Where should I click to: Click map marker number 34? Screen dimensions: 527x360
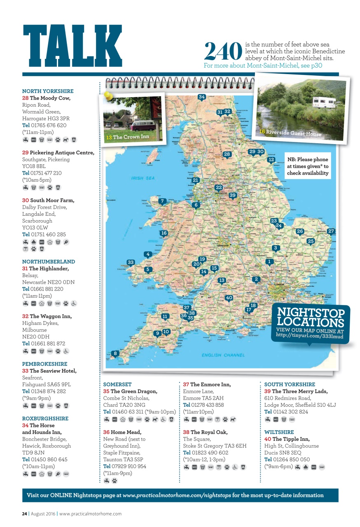point(201,97)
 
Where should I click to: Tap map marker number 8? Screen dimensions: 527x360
point(116,353)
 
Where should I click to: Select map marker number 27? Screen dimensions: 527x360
point(331,231)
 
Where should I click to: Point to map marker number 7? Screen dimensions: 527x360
point(162,201)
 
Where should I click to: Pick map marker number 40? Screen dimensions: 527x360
point(229,298)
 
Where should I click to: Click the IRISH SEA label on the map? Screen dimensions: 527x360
point(143,178)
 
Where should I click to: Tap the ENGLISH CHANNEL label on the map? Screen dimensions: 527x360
point(223,355)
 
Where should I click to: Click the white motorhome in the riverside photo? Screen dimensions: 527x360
point(324,102)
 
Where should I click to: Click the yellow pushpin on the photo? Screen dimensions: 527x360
point(109,96)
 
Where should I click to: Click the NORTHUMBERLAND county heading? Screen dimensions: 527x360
point(49,261)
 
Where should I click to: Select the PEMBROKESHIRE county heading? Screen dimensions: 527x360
point(44,364)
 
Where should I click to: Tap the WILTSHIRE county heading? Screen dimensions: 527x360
point(279,432)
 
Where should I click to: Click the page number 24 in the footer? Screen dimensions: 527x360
point(25,513)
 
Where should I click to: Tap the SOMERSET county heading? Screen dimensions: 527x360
point(117,384)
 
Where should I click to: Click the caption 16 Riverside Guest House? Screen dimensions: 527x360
point(290,133)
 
